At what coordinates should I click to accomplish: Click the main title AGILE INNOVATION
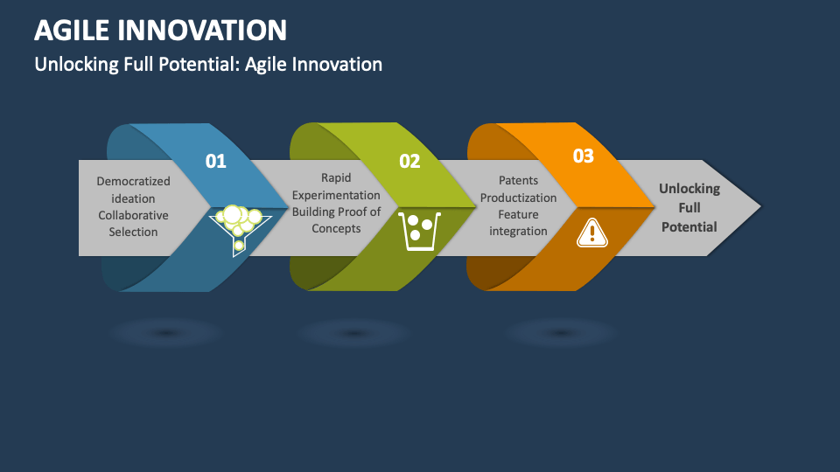(x=160, y=31)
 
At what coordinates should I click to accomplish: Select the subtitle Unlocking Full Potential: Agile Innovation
(x=208, y=65)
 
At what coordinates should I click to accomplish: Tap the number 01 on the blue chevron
(x=215, y=161)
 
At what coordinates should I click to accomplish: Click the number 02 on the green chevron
(x=409, y=161)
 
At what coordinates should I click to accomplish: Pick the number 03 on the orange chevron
(x=583, y=156)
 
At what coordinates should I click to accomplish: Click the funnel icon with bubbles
(x=235, y=226)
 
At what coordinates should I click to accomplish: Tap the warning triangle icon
(x=592, y=232)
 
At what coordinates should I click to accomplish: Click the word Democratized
(x=133, y=182)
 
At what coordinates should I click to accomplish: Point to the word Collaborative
(x=133, y=215)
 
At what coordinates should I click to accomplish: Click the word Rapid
(x=336, y=178)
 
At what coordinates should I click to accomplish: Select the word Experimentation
(x=336, y=195)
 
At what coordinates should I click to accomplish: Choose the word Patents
(x=518, y=181)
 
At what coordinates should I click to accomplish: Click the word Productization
(x=518, y=198)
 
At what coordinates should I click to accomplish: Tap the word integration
(x=518, y=231)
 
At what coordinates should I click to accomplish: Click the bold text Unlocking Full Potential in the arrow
(x=689, y=207)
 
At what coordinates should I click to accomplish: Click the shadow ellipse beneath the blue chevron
(x=165, y=333)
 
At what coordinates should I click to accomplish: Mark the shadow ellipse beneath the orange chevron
(x=561, y=333)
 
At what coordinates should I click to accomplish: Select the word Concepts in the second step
(x=336, y=228)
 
